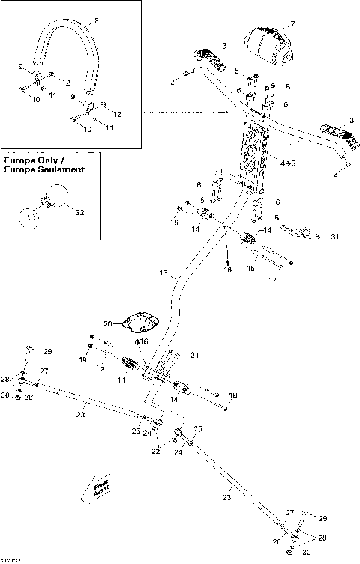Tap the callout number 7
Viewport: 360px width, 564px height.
[x=292, y=25]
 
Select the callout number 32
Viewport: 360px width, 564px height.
[x=80, y=212]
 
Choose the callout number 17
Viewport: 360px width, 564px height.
[x=273, y=281]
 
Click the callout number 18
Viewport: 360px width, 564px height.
[x=232, y=394]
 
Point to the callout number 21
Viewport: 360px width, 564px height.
[x=195, y=355]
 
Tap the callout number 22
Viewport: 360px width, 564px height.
[x=155, y=451]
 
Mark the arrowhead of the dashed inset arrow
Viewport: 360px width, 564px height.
[x=226, y=113]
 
